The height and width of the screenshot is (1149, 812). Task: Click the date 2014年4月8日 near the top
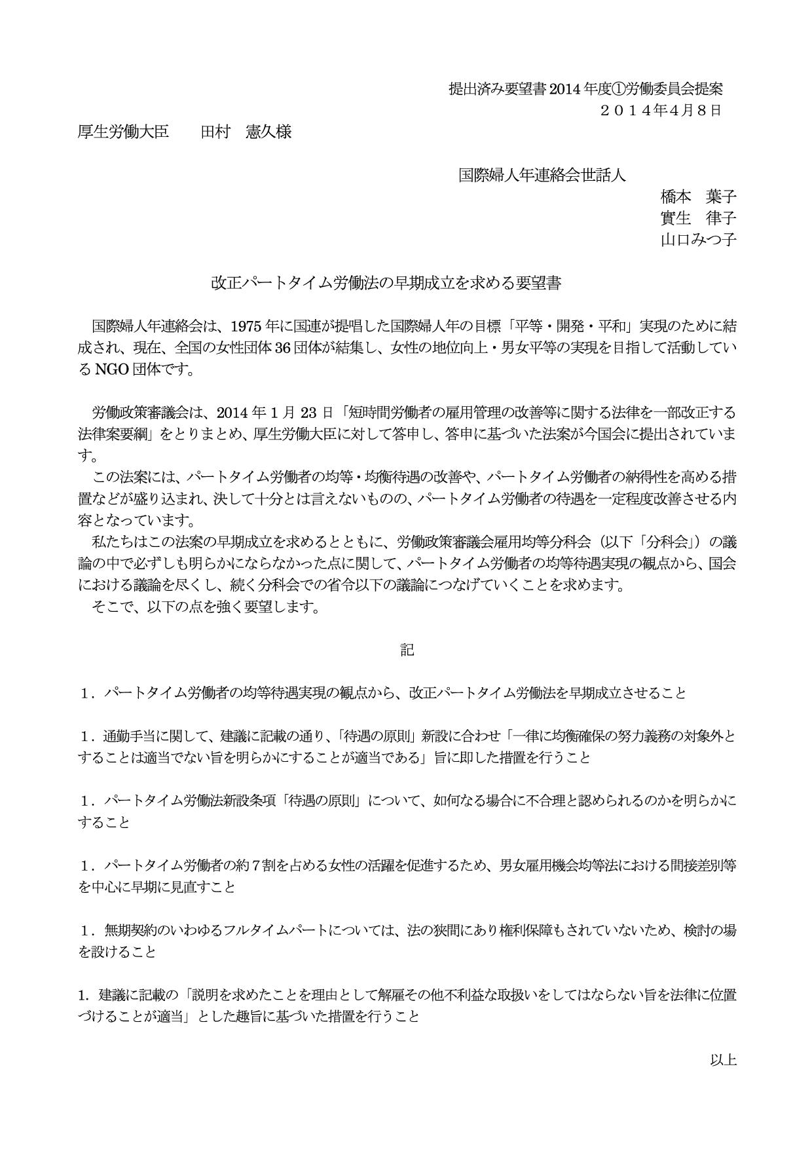(x=661, y=110)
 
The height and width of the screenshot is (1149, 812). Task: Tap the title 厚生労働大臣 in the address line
(x=123, y=132)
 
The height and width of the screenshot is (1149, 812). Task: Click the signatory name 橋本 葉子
(x=698, y=197)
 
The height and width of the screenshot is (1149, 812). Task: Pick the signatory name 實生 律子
(x=698, y=218)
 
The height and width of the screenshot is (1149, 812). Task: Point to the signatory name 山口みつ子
(x=698, y=240)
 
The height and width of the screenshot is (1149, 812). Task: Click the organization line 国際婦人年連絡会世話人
(x=542, y=175)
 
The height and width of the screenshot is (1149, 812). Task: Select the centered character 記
(x=407, y=650)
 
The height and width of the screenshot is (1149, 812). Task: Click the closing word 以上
(x=724, y=1059)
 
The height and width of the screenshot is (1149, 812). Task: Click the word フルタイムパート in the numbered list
(x=270, y=930)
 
